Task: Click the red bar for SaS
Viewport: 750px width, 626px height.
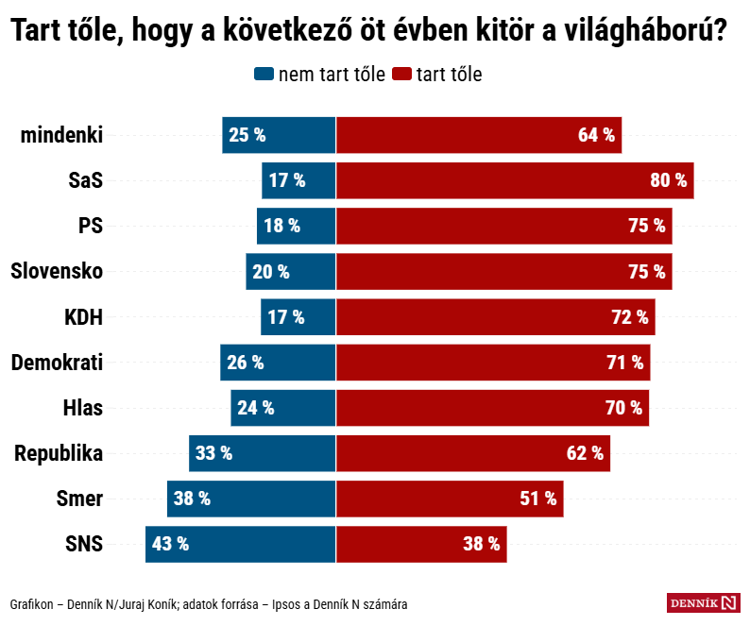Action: [x=515, y=180]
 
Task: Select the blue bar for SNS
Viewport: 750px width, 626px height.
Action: [x=241, y=544]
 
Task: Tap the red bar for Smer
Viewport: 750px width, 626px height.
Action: [x=450, y=499]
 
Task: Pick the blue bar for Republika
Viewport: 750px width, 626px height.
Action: [x=263, y=453]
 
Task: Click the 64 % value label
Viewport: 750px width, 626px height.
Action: [x=596, y=135]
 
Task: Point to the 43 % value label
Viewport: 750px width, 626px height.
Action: [x=170, y=544]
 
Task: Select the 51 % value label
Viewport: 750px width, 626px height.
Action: [x=538, y=499]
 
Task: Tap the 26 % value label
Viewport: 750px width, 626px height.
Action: [x=246, y=363]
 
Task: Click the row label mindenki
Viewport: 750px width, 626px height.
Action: [x=61, y=135]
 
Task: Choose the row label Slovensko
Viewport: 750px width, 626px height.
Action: [x=57, y=271]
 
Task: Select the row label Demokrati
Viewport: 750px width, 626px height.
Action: [x=57, y=363]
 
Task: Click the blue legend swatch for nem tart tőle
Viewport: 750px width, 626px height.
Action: [x=264, y=75]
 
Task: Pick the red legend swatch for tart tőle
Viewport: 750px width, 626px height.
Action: [x=401, y=75]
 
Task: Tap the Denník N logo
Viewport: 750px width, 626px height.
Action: [x=703, y=602]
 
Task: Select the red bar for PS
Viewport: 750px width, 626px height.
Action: [x=504, y=226]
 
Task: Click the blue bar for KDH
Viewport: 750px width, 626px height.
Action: [x=298, y=316]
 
